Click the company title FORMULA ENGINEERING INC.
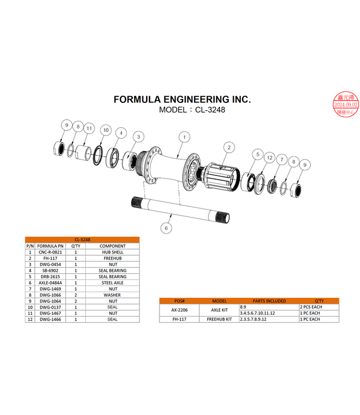182,100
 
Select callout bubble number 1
185,136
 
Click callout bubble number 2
228,147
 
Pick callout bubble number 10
106,131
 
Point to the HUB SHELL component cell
112,252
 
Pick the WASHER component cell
112,295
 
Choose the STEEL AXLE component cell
112,283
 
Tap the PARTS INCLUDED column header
269,301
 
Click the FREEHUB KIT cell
219,319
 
